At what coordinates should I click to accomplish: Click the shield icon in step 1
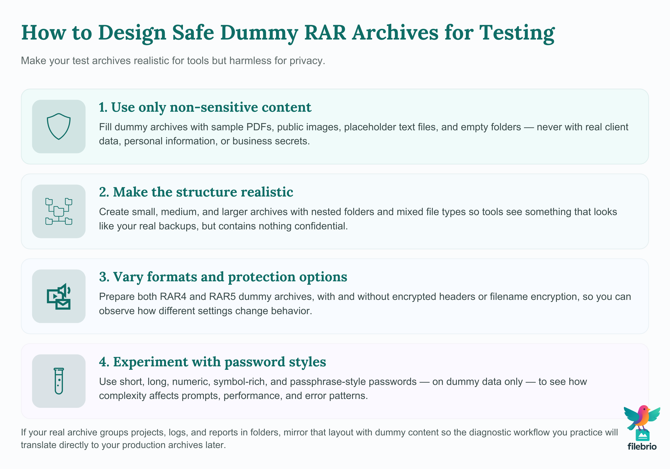[59, 126]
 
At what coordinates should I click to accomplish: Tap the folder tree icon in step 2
[59, 211]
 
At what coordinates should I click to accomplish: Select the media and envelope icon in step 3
[59, 296]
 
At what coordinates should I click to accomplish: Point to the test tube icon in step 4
[59, 381]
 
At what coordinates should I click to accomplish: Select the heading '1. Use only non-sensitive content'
[205, 107]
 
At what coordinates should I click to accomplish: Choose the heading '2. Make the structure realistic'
[196, 192]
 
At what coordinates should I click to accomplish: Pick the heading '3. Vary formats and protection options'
[223, 277]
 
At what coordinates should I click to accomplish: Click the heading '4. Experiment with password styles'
[212, 362]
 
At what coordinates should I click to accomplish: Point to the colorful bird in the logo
[642, 417]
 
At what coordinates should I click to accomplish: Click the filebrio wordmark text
[642, 447]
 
